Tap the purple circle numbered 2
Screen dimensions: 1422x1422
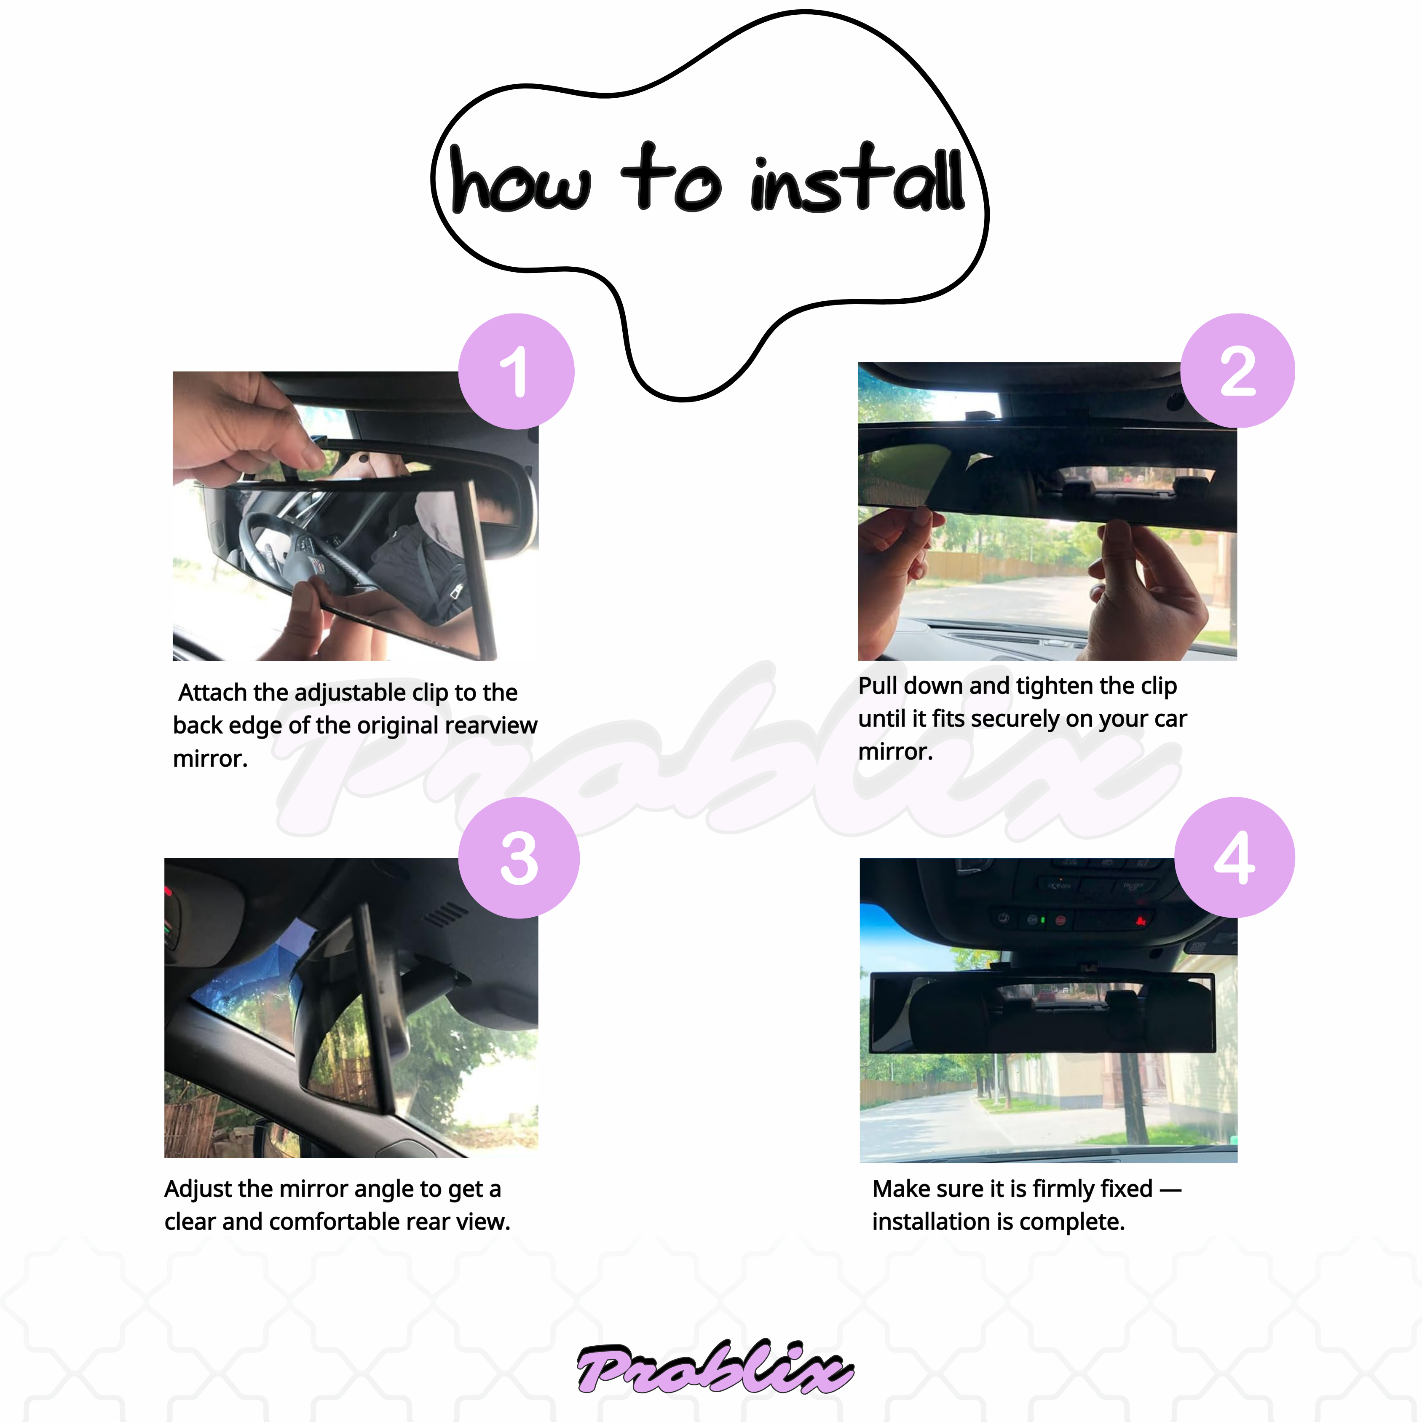1237,370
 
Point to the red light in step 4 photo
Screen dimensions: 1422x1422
1140,920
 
